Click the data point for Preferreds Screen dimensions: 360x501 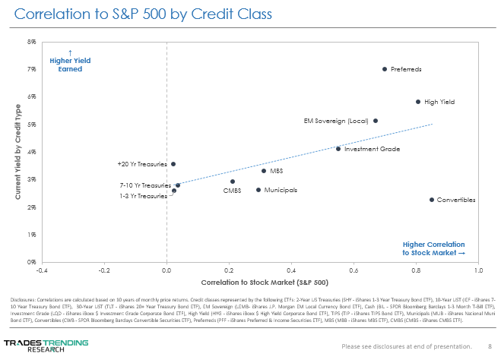385,69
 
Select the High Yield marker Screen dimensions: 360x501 418,102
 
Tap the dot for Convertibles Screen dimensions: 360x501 432,200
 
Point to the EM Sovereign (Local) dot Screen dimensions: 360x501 376,121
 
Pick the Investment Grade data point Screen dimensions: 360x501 338,149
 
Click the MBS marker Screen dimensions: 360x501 264,171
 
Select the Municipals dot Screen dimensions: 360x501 258,190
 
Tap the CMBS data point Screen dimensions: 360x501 233,182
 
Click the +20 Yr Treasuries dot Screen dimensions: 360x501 173,164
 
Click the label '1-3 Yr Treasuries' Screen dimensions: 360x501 143,196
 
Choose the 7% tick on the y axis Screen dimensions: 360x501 32,69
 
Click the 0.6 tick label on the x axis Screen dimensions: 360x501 354,270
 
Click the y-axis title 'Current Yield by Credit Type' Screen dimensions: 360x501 17,151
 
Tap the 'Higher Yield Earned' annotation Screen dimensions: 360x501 70,65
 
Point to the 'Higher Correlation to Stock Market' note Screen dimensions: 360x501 433,248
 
